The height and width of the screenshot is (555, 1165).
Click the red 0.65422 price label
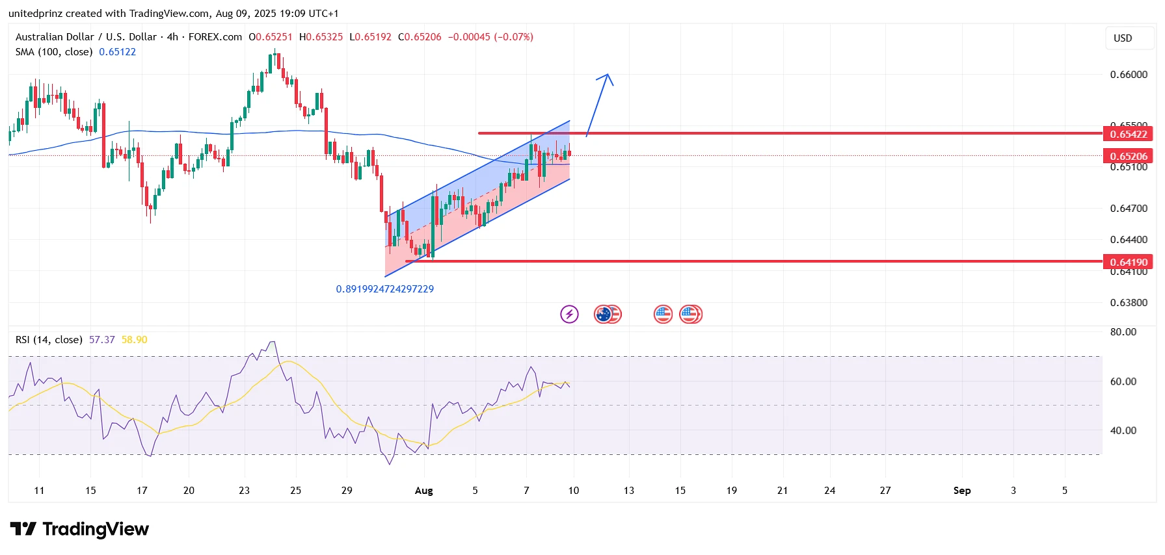[1128, 134]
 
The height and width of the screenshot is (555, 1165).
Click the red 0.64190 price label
[1128, 262]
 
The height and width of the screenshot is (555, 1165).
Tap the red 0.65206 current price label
[1128, 156]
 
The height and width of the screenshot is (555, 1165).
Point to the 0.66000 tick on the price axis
[1128, 75]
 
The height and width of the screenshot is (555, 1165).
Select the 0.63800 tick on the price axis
[1128, 303]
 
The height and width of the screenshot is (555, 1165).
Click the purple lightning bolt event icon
[569, 315]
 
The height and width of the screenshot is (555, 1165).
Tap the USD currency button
[1123, 38]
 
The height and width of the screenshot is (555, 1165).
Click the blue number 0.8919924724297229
[384, 289]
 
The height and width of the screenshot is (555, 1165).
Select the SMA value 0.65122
[117, 52]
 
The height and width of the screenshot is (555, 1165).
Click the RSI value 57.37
[101, 340]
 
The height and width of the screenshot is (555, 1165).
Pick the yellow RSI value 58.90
[134, 340]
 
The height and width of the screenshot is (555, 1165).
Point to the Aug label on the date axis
[423, 491]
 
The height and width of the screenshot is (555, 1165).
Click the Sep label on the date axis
[961, 491]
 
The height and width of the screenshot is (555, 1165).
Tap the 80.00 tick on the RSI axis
[1123, 332]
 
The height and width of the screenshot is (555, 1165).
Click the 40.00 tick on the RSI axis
[1123, 431]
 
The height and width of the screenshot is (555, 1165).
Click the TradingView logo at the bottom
[79, 530]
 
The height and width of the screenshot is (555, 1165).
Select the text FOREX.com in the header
[215, 37]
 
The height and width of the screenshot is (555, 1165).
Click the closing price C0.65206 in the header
[420, 37]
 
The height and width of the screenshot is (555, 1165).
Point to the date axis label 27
[885, 491]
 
